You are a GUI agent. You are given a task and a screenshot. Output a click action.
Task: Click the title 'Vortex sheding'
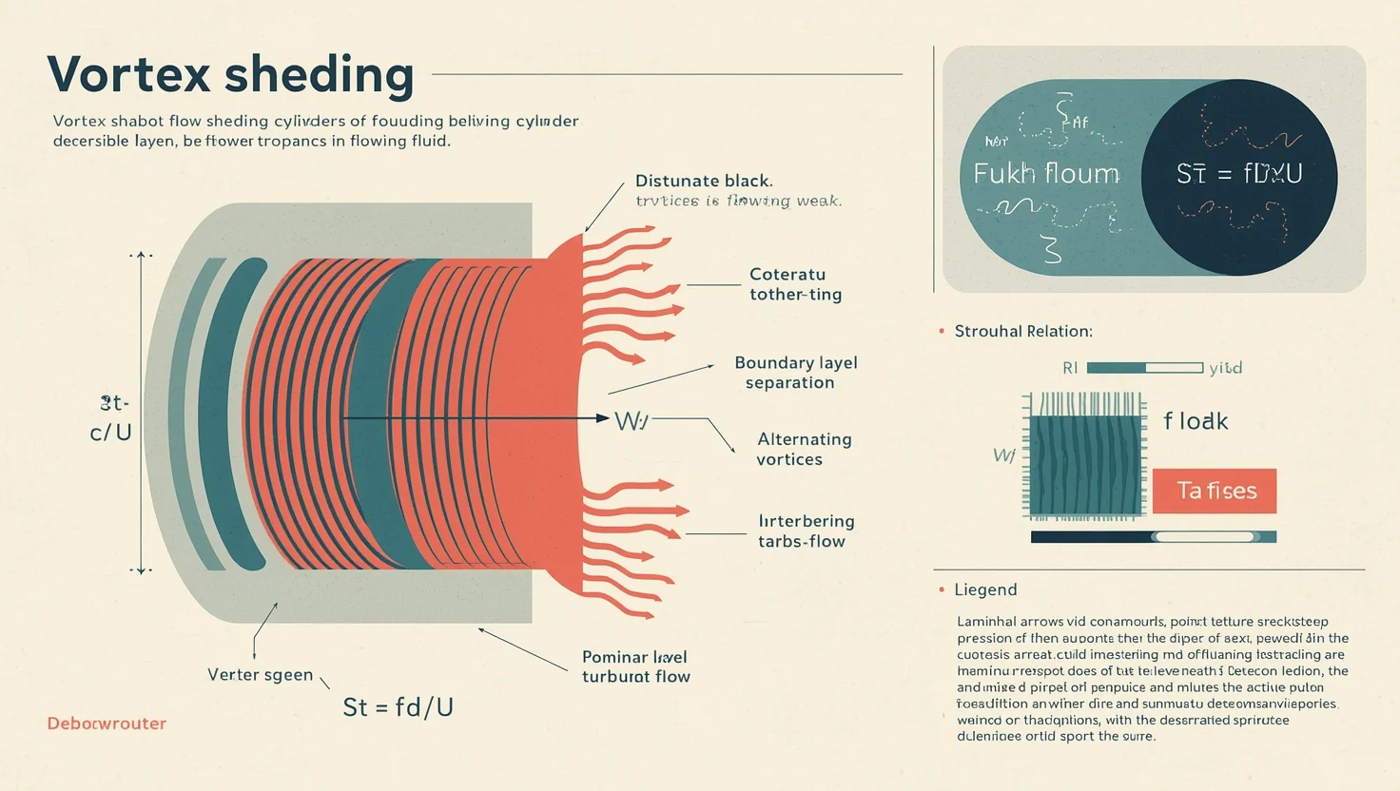[x=230, y=74]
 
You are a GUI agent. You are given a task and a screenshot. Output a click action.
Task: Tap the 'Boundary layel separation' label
[x=795, y=373]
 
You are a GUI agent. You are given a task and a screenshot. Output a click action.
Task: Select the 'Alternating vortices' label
[x=804, y=449]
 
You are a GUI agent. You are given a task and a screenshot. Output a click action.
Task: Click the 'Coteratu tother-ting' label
[x=795, y=284]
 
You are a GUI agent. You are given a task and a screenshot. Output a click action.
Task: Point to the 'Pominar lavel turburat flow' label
[x=635, y=666]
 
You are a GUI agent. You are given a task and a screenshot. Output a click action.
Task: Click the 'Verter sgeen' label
[x=260, y=674]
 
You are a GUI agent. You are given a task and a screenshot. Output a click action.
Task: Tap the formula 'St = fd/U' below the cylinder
[x=398, y=706]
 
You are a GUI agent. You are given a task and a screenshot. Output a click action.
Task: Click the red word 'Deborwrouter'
[x=107, y=723]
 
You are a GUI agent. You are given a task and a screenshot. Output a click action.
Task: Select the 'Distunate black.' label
[x=704, y=181]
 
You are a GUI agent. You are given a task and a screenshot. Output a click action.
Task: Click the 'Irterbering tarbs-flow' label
[x=806, y=531]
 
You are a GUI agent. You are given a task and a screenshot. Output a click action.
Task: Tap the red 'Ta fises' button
[x=1215, y=491]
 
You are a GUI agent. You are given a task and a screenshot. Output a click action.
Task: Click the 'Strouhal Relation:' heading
[x=1023, y=331]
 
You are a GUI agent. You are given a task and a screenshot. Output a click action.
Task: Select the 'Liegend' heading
[x=985, y=589]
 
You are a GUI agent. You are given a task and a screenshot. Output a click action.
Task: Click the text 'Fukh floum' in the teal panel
[x=1046, y=174]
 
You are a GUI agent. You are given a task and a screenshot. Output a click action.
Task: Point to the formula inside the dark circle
[x=1238, y=174]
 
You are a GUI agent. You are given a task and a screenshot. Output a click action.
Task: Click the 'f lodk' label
[x=1196, y=421]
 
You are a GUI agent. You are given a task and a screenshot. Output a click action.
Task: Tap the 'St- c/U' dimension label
[x=111, y=418]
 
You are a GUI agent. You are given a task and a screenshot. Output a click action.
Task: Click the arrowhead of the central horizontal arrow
[x=601, y=417]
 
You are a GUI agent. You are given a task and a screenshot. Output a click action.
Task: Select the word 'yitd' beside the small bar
[x=1225, y=368]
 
